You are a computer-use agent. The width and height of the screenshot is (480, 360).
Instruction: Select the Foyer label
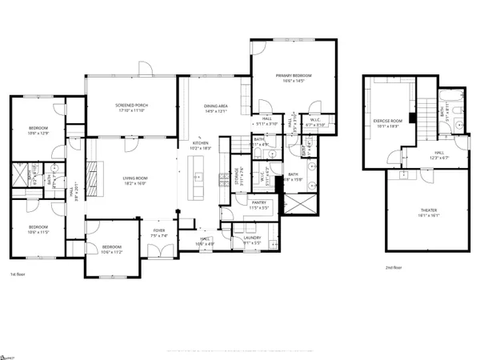159,232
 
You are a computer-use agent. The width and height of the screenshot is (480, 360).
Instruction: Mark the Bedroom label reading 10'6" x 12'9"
38,130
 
